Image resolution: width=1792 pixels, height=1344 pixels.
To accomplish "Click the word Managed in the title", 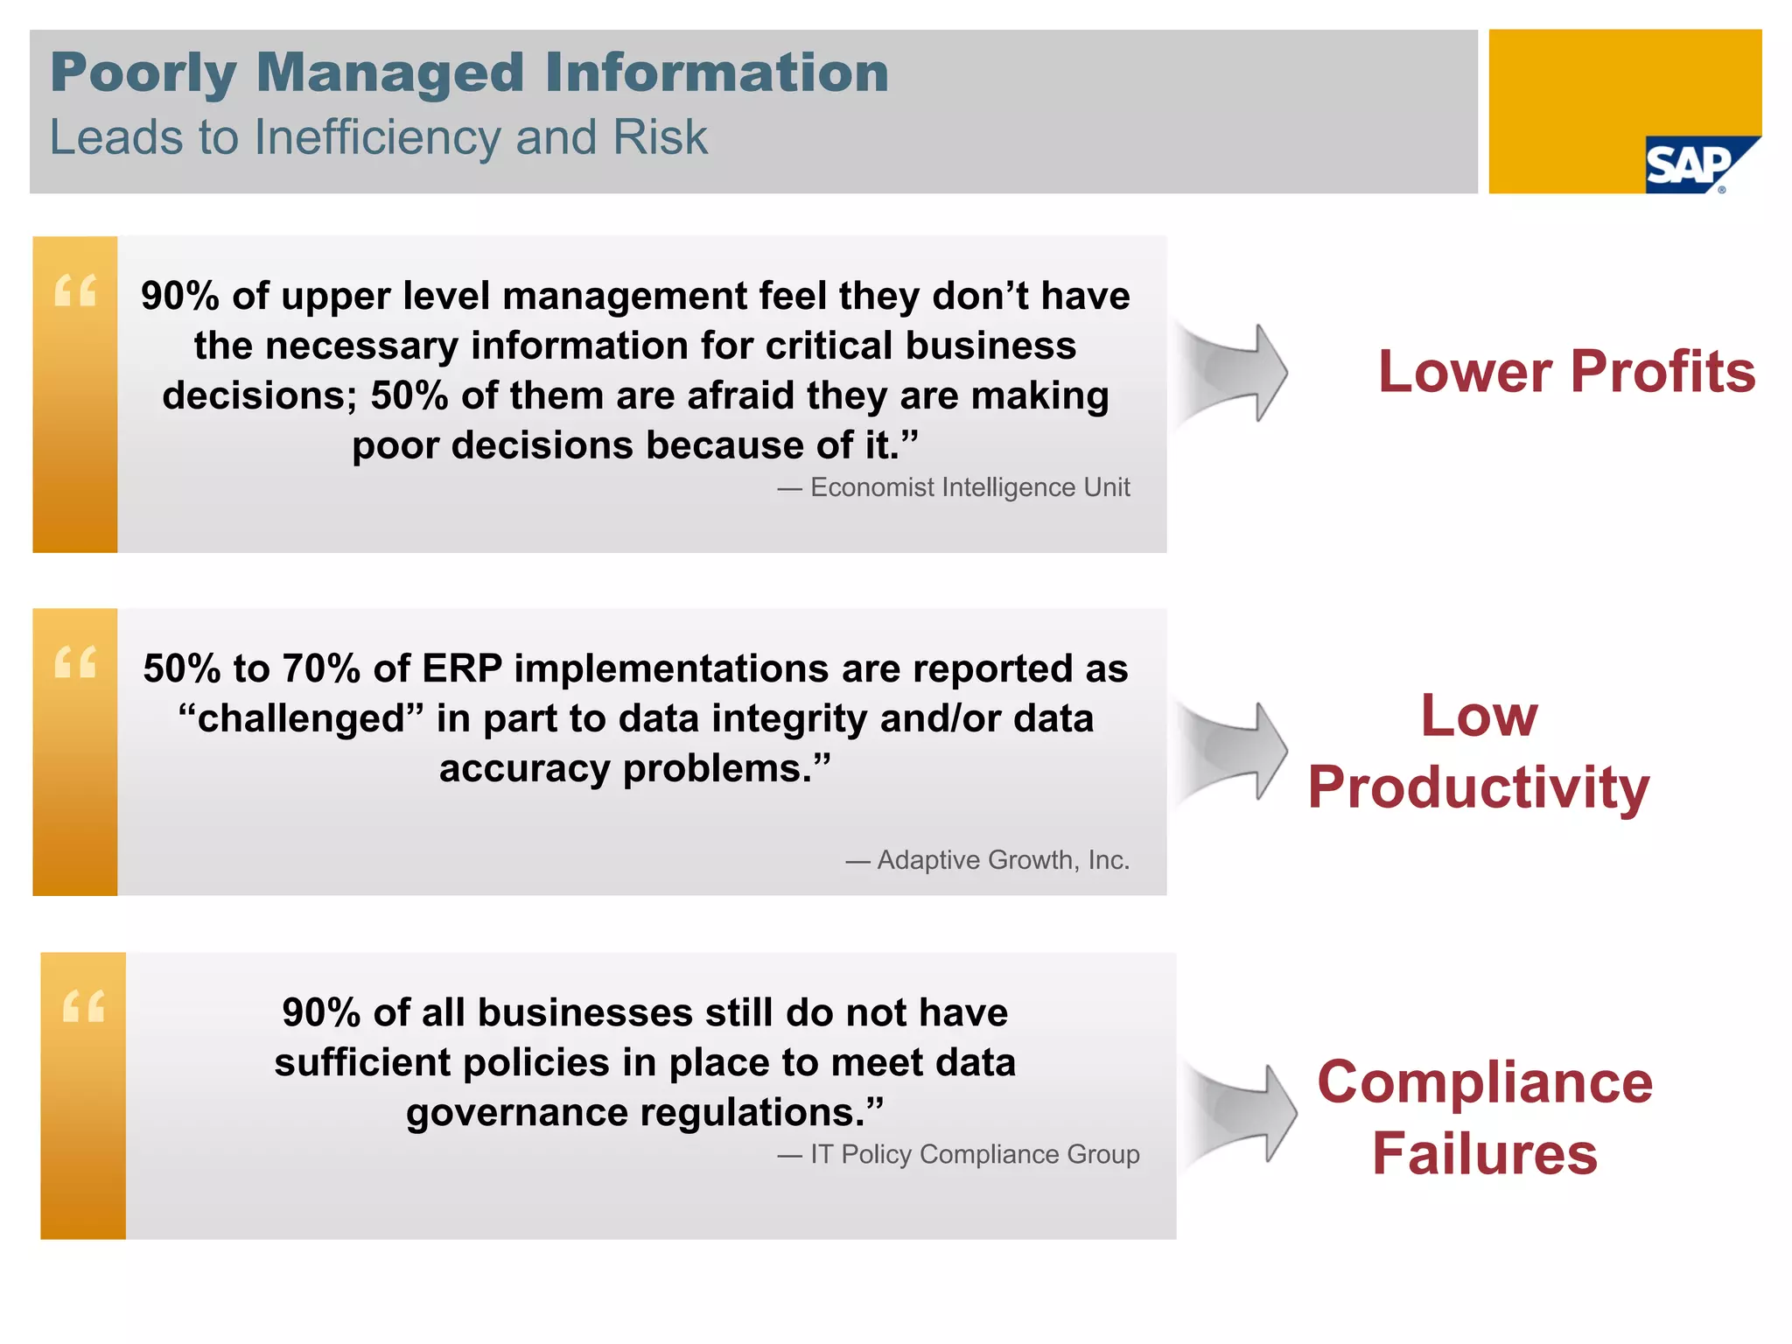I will tap(389, 73).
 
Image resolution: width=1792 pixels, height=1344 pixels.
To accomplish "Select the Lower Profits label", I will tap(1566, 371).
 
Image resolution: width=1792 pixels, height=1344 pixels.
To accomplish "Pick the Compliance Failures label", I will tap(1485, 1116).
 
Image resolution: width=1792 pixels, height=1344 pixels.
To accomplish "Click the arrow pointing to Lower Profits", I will tap(1234, 373).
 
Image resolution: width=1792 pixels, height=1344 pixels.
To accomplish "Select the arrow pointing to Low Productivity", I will tap(1234, 750).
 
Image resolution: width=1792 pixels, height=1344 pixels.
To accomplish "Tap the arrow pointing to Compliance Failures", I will tap(1242, 1113).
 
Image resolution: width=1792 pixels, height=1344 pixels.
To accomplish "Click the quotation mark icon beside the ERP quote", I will tap(75, 662).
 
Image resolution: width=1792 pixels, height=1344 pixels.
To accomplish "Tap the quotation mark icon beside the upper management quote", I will tap(75, 290).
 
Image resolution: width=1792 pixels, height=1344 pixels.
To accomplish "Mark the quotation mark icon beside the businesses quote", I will tap(84, 1006).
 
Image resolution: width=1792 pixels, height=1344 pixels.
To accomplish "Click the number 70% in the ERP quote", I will tap(321, 668).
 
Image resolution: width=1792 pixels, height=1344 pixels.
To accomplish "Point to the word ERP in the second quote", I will tap(462, 668).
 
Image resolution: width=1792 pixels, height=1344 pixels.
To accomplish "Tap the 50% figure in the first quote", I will tap(409, 395).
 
